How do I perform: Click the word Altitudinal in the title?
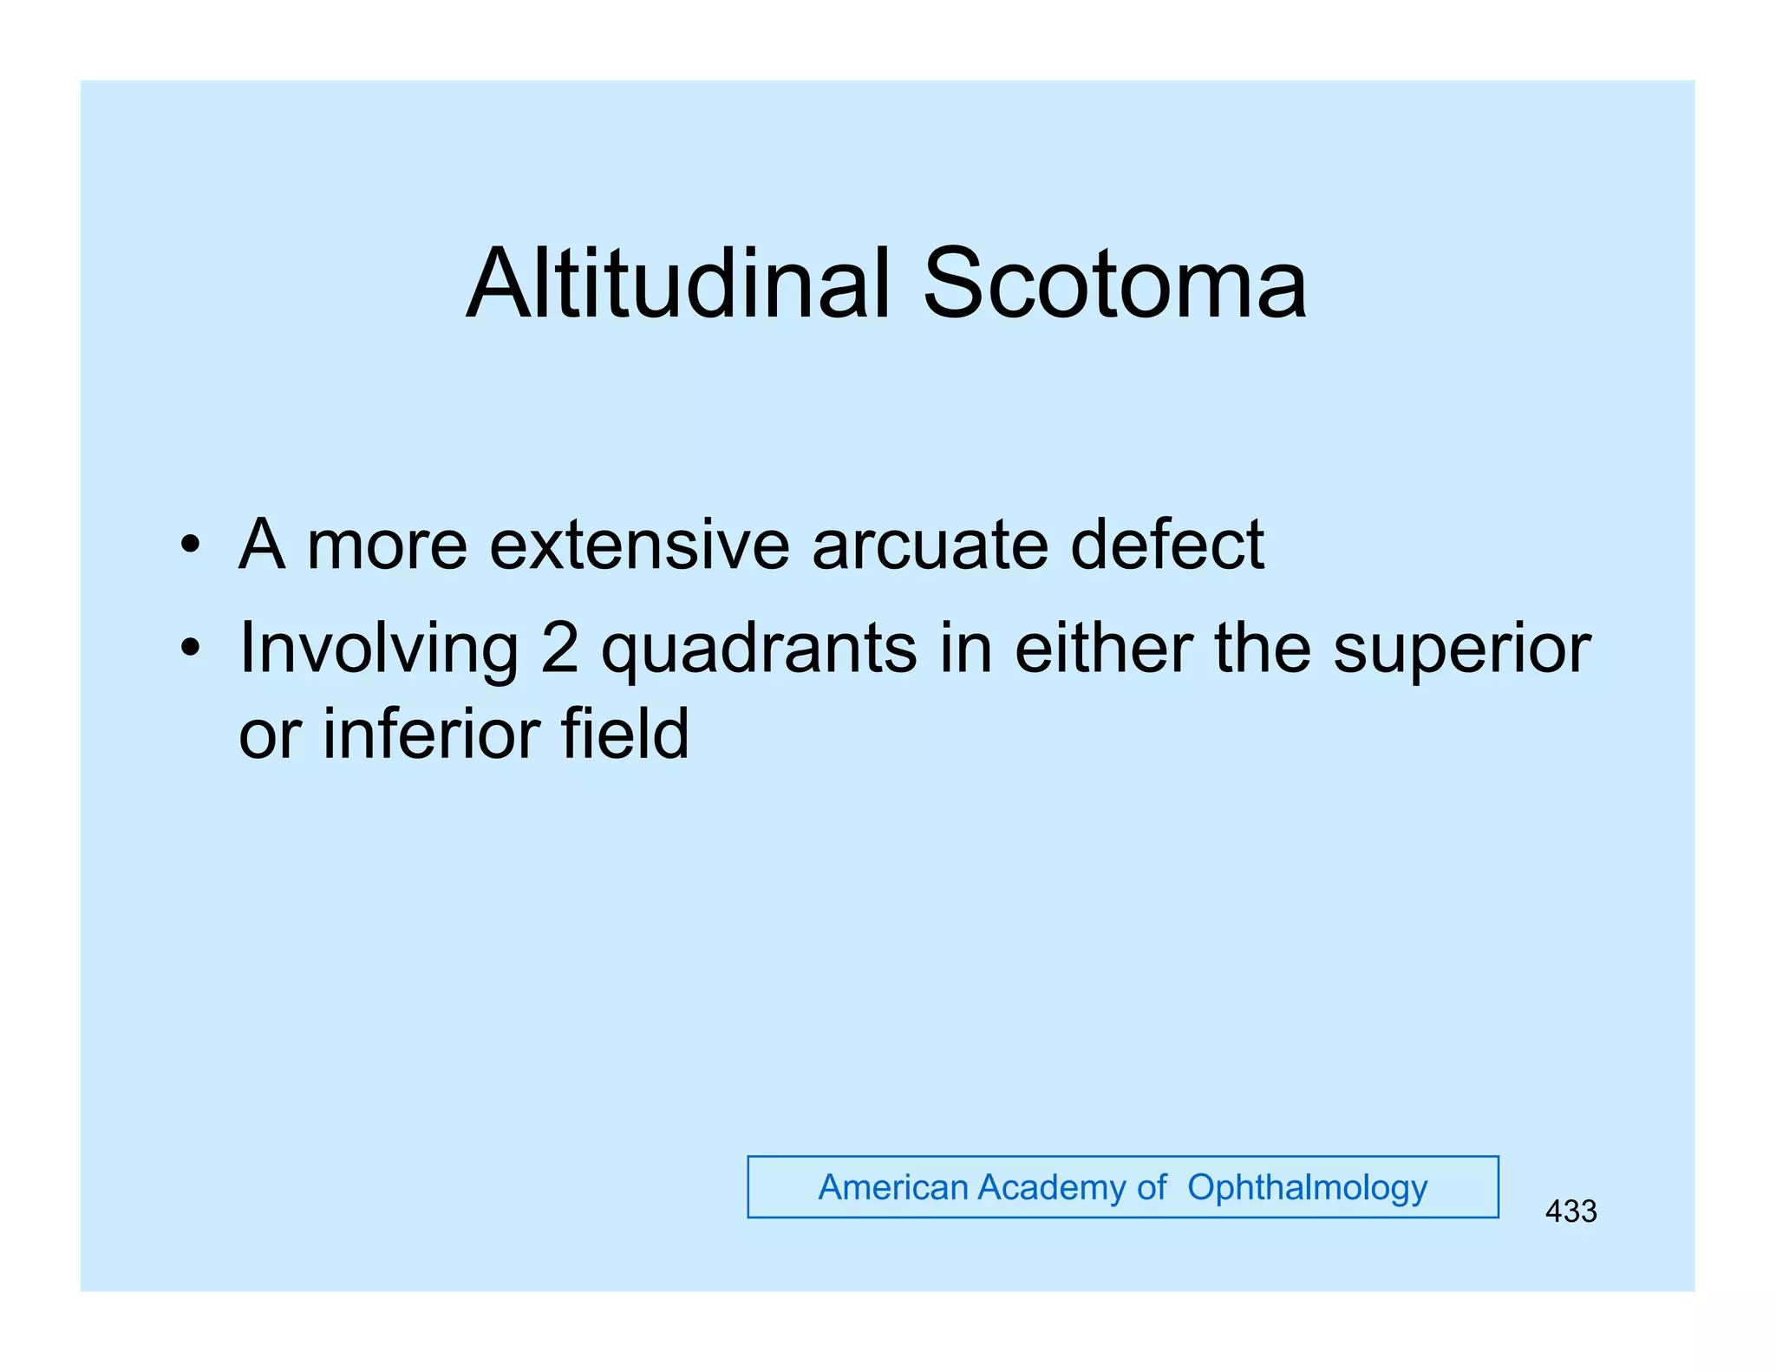[x=679, y=284]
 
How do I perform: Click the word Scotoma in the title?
[x=1114, y=284]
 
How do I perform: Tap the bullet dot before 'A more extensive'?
[x=190, y=546]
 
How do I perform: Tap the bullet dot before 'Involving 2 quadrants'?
[x=190, y=648]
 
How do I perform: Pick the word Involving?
[x=379, y=649]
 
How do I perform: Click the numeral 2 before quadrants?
[x=559, y=649]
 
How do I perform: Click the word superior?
[x=1462, y=649]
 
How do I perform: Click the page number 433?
[x=1570, y=1212]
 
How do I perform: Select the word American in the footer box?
[x=892, y=1187]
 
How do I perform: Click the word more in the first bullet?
[x=387, y=546]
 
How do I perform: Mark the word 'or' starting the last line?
[x=270, y=735]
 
